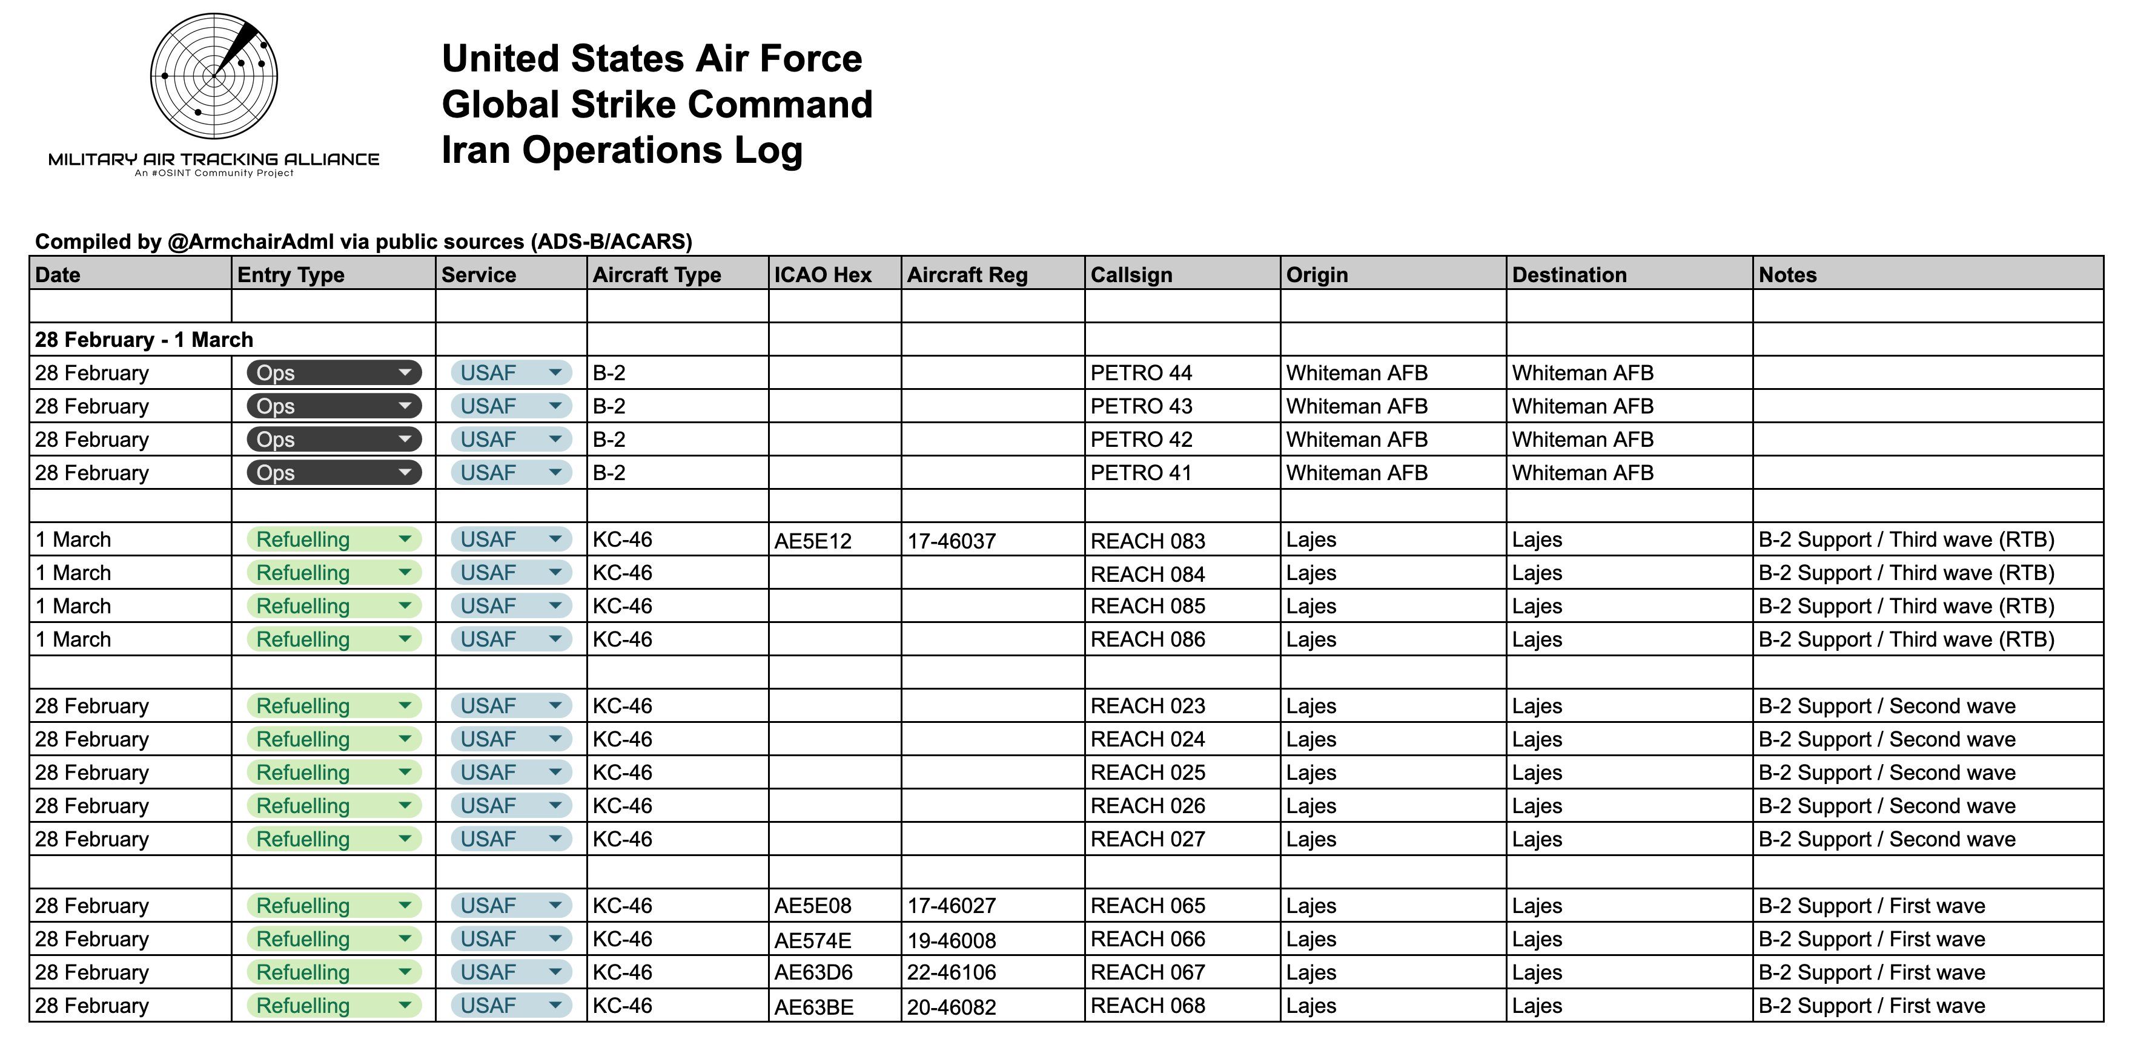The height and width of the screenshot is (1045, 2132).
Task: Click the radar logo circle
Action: point(214,76)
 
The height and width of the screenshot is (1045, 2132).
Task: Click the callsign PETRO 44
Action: point(1140,373)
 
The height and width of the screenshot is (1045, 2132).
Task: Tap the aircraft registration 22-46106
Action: point(951,972)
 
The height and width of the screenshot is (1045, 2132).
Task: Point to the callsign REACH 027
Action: point(1147,839)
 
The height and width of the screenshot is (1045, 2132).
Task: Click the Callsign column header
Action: point(1131,275)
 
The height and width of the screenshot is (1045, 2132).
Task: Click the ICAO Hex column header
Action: point(822,275)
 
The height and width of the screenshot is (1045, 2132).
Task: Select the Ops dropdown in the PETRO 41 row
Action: point(334,472)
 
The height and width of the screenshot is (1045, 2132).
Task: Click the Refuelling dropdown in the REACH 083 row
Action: point(334,539)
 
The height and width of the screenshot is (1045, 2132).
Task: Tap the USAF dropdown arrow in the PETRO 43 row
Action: point(555,406)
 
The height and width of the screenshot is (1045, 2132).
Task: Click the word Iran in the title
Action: point(476,151)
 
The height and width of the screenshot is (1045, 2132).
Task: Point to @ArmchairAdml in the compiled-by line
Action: point(250,242)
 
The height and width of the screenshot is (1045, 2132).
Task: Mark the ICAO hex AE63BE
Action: point(813,1007)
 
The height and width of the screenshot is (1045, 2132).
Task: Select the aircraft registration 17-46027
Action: point(951,906)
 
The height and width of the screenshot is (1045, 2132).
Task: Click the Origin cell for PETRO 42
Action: point(1357,440)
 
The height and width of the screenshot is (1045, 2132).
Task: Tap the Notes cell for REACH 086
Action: point(1906,639)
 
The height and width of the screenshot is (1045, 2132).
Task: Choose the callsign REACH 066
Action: point(1147,939)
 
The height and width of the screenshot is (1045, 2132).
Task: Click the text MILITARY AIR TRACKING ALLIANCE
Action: point(214,159)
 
